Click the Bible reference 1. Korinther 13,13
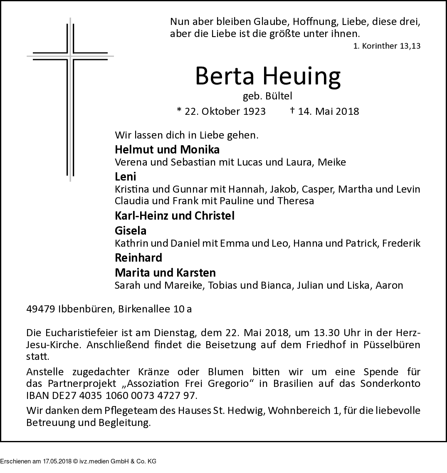387,46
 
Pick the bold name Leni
126,176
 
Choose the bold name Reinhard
138,258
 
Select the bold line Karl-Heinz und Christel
175,215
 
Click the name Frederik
402,243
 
